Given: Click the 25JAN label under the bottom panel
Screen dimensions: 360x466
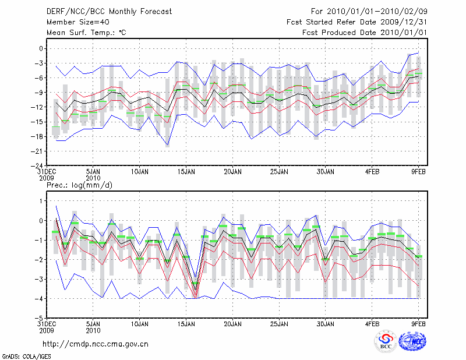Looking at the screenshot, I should pos(279,324).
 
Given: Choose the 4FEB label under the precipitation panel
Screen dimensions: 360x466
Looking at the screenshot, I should pos(372,324).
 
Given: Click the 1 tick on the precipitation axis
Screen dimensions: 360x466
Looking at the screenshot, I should pos(42,201).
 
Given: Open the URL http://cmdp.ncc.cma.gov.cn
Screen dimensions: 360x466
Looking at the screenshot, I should pos(96,344).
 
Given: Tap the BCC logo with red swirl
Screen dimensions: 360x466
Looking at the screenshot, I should pos(386,343).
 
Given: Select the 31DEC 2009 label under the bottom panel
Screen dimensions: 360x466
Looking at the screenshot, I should pos(46,327).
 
